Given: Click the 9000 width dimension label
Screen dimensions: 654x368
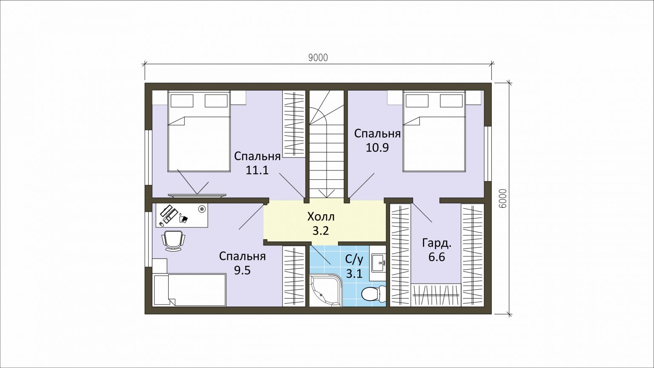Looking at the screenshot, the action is tap(318, 58).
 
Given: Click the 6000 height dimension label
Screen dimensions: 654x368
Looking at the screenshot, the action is tap(503, 198).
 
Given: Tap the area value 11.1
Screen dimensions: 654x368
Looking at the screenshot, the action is tap(257, 170).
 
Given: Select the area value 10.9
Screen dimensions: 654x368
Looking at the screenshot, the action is tap(377, 147).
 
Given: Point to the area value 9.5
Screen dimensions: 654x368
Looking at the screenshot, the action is tap(242, 270).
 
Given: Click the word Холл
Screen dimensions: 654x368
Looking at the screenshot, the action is tap(321, 217).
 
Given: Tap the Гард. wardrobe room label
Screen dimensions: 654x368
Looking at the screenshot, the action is tap(437, 243).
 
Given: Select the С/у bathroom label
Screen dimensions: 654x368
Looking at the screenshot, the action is tap(354, 259).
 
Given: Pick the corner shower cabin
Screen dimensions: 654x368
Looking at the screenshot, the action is tap(326, 290).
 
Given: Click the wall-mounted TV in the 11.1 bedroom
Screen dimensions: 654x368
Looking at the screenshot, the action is tap(197, 195).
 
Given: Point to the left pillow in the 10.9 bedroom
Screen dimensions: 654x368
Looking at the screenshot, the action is tap(417, 101).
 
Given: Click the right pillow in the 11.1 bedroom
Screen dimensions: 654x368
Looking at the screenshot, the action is tap(216, 101).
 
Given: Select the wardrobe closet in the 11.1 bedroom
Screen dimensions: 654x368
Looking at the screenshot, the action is tap(294, 124).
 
